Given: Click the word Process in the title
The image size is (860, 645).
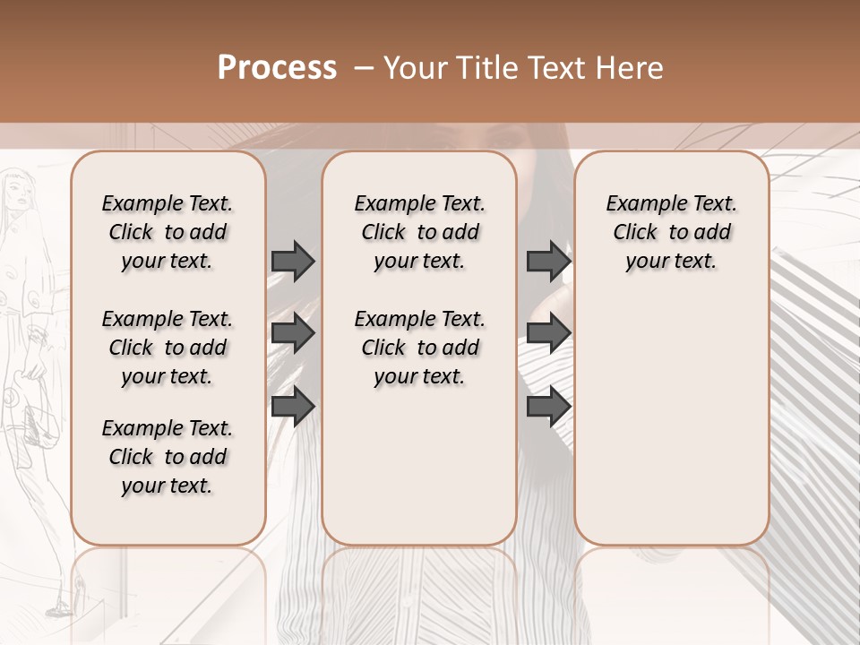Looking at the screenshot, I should click(x=277, y=67).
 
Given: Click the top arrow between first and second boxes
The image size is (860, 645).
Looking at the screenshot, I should click(x=293, y=261).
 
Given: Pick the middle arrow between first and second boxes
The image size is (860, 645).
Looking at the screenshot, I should click(x=293, y=334).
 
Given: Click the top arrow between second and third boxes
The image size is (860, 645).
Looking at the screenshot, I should click(x=548, y=261).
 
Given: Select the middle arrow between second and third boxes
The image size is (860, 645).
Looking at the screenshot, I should click(x=548, y=334).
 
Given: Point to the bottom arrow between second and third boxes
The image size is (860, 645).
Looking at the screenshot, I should click(x=548, y=406).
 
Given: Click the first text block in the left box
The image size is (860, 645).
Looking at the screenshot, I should click(x=168, y=232).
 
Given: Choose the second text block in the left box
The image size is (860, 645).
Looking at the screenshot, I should click(x=168, y=348).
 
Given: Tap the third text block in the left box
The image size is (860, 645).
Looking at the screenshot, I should click(x=168, y=457).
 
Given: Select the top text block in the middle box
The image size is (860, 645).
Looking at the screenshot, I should click(x=419, y=232).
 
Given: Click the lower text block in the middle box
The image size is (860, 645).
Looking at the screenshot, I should click(x=419, y=348).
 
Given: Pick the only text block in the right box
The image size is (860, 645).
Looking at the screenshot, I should click(x=671, y=232).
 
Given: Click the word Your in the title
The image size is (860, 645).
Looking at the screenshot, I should click(x=416, y=67).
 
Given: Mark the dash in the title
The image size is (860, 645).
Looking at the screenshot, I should click(x=363, y=67).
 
